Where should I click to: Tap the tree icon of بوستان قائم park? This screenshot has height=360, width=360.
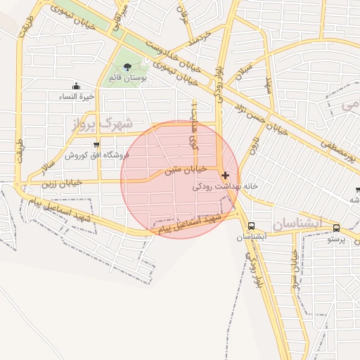pyautogui.click(x=127, y=67)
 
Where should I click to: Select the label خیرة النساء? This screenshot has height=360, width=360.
pyautogui.click(x=77, y=96)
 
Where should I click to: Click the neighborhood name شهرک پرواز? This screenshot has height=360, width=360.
pyautogui.click(x=102, y=124)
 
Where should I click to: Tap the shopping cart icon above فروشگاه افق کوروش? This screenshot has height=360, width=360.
pyautogui.click(x=96, y=145)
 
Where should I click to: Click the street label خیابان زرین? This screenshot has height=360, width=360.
pyautogui.click(x=62, y=183)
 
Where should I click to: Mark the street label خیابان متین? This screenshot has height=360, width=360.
pyautogui.click(x=186, y=169)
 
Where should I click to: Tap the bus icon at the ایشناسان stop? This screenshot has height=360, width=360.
pyautogui.click(x=251, y=226)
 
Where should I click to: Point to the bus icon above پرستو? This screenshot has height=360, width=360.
pyautogui.click(x=337, y=228)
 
